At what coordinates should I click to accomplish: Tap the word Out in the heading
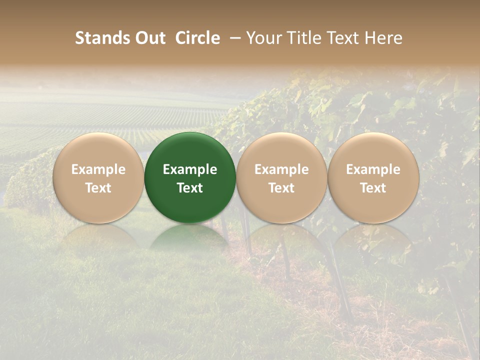click(x=149, y=38)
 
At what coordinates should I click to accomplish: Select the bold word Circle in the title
click(x=197, y=38)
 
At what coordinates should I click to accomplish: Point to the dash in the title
click(x=235, y=38)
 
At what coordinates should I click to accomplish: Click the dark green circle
click(x=190, y=150)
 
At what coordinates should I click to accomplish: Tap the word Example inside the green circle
click(x=190, y=169)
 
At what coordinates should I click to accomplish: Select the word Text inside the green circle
click(x=190, y=187)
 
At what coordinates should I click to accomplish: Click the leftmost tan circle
click(x=98, y=150)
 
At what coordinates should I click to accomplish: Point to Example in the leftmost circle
click(x=98, y=169)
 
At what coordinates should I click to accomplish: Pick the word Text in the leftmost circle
click(x=98, y=187)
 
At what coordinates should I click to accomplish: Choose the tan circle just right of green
click(x=281, y=150)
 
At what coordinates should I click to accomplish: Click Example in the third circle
click(x=281, y=169)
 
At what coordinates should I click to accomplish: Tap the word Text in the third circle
click(x=281, y=187)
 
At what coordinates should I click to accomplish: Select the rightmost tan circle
click(x=373, y=150)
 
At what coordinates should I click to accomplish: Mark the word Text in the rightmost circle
click(x=373, y=187)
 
